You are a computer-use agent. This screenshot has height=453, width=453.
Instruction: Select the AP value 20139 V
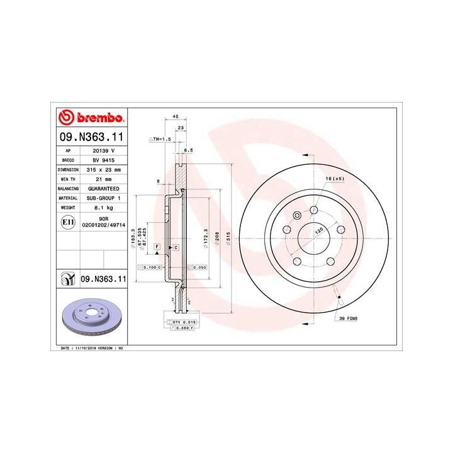click(x=104, y=151)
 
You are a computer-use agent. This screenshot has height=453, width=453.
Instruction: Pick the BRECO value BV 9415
click(x=104, y=160)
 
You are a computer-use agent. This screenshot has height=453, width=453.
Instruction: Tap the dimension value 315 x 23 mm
click(x=104, y=170)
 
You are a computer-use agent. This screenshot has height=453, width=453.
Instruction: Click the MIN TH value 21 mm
click(x=104, y=179)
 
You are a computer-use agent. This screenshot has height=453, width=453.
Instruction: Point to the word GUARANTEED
click(x=104, y=188)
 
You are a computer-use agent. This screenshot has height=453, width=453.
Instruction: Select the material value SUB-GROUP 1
click(x=104, y=197)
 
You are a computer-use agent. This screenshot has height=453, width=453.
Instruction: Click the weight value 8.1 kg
click(x=104, y=206)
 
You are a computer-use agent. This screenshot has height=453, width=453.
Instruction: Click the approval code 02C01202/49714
click(x=104, y=224)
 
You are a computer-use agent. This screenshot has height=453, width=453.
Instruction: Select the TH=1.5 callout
click(x=160, y=138)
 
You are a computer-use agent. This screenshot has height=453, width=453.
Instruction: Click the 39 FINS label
click(x=347, y=320)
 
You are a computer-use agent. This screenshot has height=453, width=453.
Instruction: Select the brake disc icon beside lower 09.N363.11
click(x=67, y=278)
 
